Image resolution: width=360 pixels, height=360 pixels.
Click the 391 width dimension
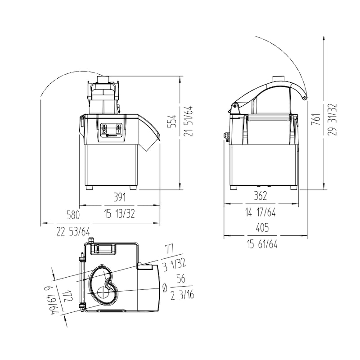[x=120, y=197]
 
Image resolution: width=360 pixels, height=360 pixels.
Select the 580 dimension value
[x=73, y=215]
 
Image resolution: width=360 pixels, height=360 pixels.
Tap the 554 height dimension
[x=173, y=121]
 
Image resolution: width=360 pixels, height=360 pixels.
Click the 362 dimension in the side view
[x=261, y=196]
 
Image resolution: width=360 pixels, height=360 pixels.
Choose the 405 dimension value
[x=262, y=228]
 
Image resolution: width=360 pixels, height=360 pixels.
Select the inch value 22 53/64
[x=73, y=232]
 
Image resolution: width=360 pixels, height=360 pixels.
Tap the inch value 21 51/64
[x=189, y=121]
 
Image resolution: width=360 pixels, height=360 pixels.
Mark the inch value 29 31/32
[x=332, y=119]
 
